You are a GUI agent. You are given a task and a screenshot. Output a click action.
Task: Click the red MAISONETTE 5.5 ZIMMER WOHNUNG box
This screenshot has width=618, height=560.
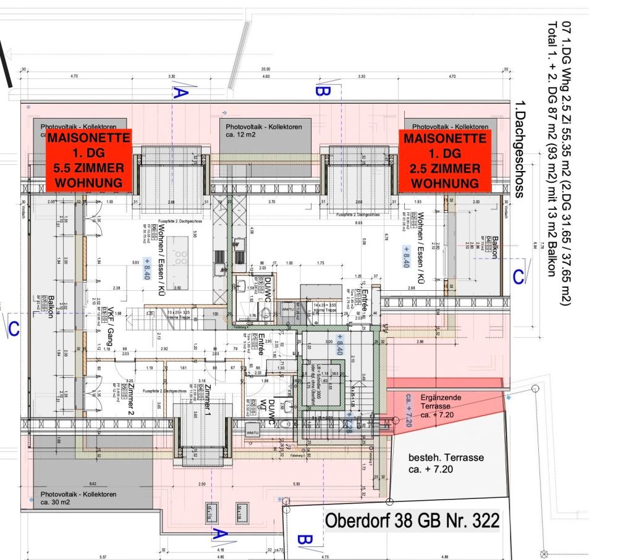click(x=89, y=160)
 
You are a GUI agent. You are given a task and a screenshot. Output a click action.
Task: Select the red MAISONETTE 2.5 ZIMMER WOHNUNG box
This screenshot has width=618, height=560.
click(x=444, y=160)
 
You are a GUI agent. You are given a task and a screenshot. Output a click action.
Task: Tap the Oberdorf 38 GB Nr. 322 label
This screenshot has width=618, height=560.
click(x=412, y=521)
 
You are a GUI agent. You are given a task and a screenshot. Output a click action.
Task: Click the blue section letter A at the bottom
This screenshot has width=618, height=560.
click(x=220, y=534)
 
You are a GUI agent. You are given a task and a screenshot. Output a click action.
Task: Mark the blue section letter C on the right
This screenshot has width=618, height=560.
click(x=520, y=276)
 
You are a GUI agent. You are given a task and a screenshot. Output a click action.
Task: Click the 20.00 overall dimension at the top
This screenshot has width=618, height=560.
click(x=266, y=69)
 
